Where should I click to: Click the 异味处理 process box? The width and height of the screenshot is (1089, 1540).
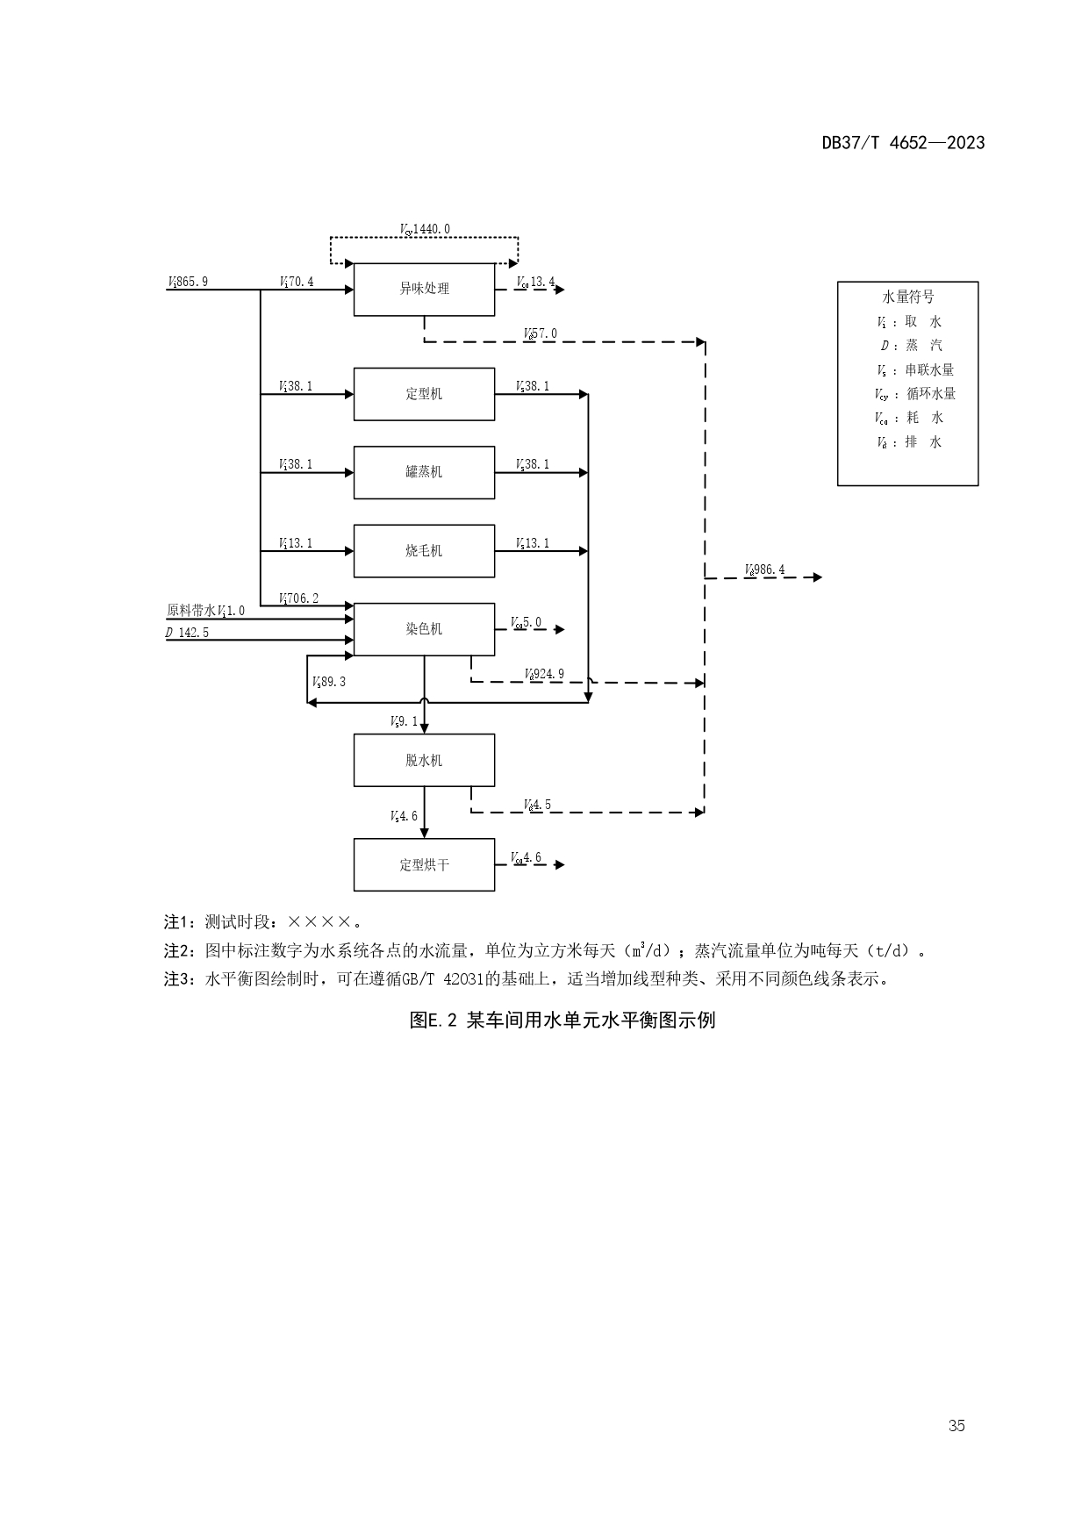424,289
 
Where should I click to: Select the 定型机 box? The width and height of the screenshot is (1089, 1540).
424,394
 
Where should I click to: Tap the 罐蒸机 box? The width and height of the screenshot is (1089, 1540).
424,472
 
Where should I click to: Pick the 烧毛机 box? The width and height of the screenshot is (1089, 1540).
424,551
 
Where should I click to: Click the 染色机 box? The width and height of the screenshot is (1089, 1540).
424,629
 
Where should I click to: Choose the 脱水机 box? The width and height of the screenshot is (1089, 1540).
424,760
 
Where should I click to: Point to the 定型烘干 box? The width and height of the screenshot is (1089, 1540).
424,865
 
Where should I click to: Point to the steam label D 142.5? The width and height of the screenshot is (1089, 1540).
188,633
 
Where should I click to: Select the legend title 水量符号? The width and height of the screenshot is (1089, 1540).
907,297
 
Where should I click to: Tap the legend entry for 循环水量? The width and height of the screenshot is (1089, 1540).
915,394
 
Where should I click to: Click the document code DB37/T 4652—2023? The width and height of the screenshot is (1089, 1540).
903,143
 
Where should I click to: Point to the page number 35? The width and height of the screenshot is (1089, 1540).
956,1426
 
